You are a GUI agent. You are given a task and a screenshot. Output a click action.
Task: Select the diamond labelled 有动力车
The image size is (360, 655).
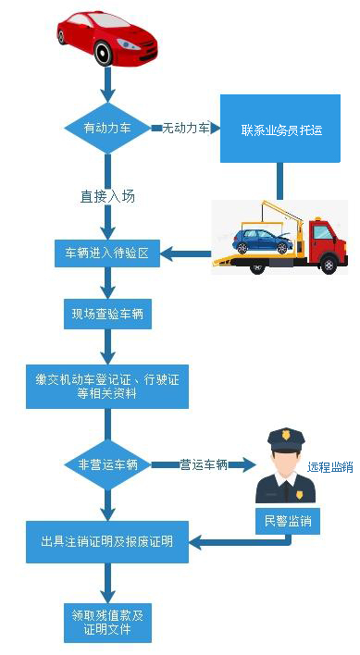(107, 128)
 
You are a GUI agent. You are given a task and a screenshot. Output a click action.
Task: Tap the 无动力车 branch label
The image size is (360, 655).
(186, 127)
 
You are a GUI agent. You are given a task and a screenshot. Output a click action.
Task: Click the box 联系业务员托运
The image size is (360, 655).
(280, 129)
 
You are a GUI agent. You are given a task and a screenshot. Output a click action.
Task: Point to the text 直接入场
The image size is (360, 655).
(107, 196)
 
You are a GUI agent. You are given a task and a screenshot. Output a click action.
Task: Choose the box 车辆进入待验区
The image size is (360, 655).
(107, 253)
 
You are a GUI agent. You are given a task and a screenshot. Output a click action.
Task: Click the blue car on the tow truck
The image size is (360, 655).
(263, 241)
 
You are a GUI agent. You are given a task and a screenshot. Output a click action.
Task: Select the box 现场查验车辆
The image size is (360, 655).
(107, 315)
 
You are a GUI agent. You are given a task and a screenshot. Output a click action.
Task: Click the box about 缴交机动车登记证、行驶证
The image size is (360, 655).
(107, 385)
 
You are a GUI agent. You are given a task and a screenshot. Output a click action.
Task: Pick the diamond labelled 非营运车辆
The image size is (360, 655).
(107, 464)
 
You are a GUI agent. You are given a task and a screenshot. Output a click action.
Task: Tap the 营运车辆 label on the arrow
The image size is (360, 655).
(204, 464)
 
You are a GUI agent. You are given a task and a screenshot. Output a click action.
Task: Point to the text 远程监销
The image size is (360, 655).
(330, 467)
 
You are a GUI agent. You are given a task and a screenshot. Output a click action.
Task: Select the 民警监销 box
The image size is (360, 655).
(287, 521)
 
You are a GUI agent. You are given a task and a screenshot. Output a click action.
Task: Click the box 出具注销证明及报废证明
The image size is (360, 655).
(107, 540)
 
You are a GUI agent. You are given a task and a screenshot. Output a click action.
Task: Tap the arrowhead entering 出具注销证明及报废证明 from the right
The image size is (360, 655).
(195, 541)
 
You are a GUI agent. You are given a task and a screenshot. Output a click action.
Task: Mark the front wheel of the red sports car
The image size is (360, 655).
(103, 54)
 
